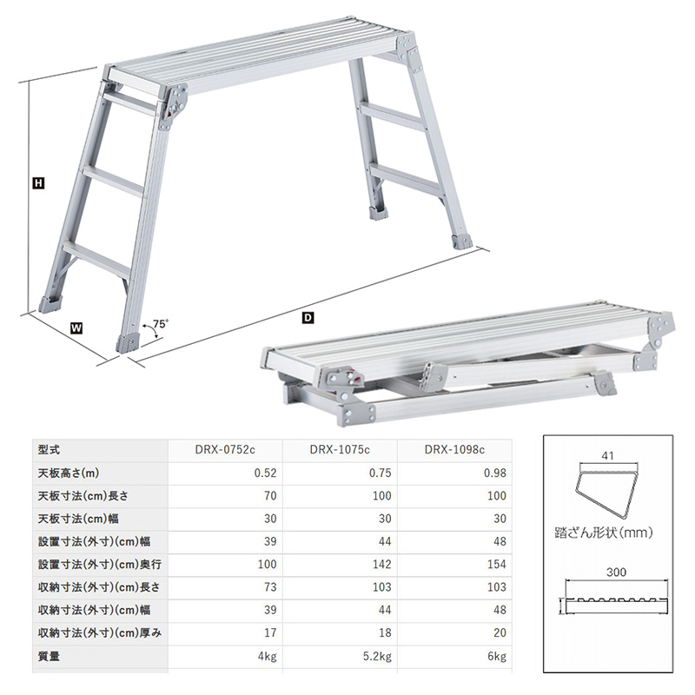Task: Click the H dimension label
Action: [38, 183]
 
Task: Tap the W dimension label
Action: [76, 328]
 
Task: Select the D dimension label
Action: [308, 317]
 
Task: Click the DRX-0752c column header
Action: [225, 449]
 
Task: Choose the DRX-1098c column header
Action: [454, 449]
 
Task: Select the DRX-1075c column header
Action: [340, 449]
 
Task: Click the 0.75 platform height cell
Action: [381, 473]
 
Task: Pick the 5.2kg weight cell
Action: [377, 656]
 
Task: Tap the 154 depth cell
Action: [496, 564]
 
